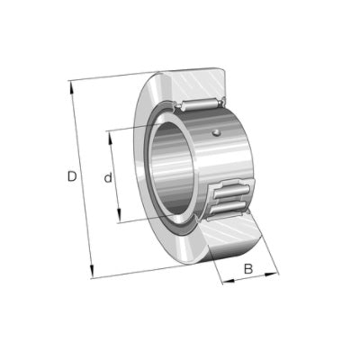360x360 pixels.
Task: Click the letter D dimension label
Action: point(72,176)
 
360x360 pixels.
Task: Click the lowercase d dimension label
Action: point(108,177)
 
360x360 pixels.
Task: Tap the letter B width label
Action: point(248,269)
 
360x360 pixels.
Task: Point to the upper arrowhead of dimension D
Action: point(72,87)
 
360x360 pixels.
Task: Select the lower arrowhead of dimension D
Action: point(92,271)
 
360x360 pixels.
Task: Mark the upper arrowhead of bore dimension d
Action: point(110,138)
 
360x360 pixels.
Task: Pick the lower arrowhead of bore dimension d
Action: point(119,215)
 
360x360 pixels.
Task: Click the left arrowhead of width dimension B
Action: point(229,282)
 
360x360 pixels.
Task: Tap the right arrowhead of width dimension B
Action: point(270,274)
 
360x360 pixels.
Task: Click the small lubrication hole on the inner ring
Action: point(216,132)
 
